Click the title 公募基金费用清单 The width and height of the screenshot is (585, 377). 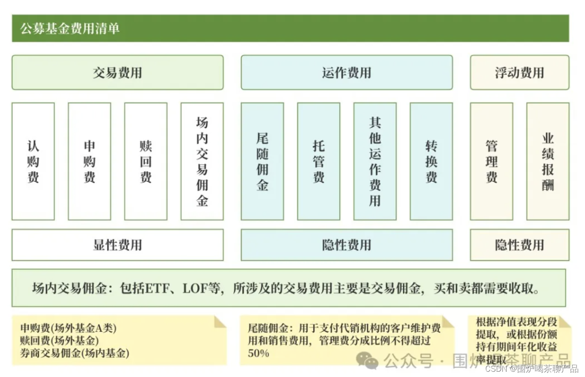[70, 29]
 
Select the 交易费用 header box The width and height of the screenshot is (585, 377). [118, 72]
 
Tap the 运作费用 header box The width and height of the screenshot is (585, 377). [346, 72]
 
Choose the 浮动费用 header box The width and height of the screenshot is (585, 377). [519, 72]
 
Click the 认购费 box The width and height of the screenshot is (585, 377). [33, 162]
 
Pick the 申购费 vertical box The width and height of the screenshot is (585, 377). [89, 162]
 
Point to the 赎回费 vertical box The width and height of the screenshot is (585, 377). [146, 162]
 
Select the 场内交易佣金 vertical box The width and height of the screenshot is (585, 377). [202, 162]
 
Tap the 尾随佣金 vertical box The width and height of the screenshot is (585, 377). [262, 162]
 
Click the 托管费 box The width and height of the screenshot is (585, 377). [319, 162]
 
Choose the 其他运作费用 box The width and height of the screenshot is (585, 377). [375, 162]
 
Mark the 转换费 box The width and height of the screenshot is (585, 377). [431, 162]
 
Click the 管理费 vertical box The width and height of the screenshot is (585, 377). [491, 162]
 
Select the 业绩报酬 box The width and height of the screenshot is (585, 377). [548, 162]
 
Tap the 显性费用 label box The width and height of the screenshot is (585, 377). [118, 245]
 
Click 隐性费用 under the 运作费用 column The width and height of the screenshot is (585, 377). [346, 245]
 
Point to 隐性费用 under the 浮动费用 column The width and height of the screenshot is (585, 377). [519, 245]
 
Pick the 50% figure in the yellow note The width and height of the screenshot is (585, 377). [258, 353]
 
